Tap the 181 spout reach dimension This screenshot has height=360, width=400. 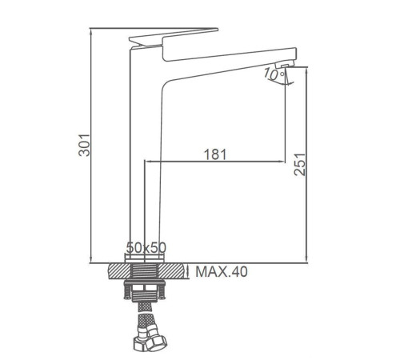[214, 154]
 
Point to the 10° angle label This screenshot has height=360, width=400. [274, 74]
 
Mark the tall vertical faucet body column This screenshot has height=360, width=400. [144, 160]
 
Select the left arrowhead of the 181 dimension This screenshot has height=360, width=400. [147, 161]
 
